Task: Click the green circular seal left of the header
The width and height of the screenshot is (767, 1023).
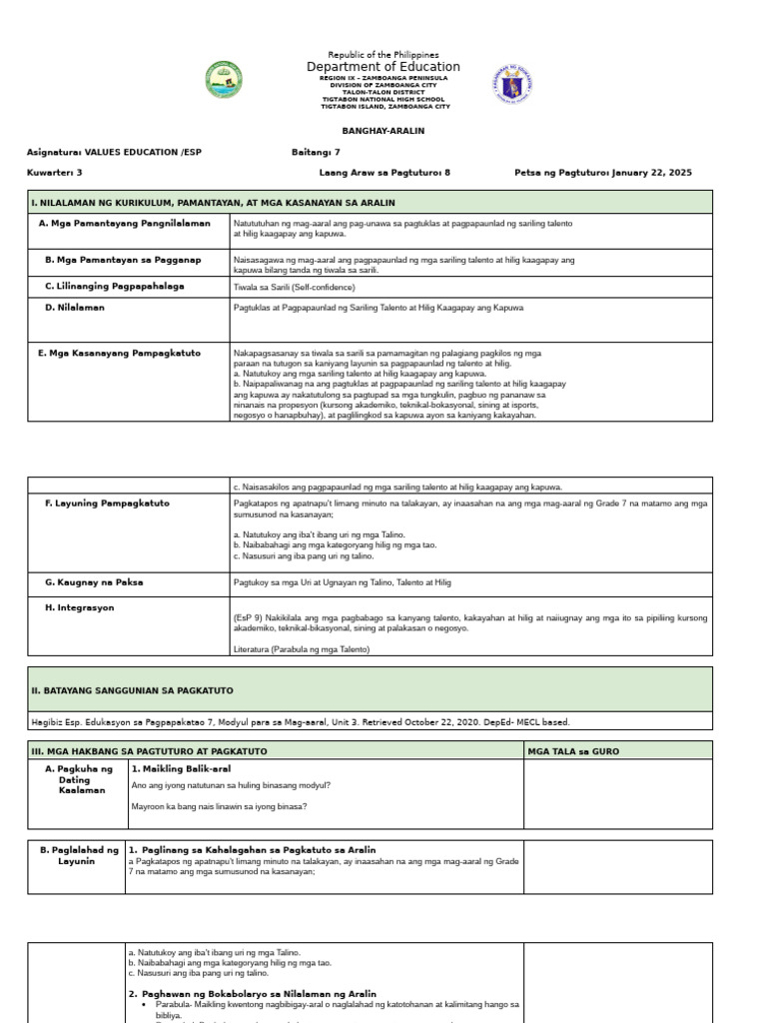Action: [x=224, y=81]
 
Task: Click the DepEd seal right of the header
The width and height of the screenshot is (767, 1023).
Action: [x=512, y=85]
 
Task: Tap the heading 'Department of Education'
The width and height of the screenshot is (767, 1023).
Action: [x=383, y=67]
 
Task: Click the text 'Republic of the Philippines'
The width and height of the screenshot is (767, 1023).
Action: [x=383, y=54]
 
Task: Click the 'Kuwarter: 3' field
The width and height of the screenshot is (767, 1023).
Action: [x=55, y=172]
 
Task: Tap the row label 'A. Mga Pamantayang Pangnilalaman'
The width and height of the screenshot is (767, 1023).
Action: [x=125, y=223]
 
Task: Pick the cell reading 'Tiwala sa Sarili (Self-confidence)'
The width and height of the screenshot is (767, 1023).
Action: [x=294, y=287]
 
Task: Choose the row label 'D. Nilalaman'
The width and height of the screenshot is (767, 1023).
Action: [x=75, y=308]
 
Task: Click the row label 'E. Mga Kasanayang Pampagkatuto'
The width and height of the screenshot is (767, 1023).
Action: [x=119, y=353]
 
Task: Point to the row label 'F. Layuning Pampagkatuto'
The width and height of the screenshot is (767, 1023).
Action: [x=107, y=504]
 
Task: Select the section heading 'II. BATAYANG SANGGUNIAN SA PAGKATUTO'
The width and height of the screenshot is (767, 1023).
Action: [x=133, y=690]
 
